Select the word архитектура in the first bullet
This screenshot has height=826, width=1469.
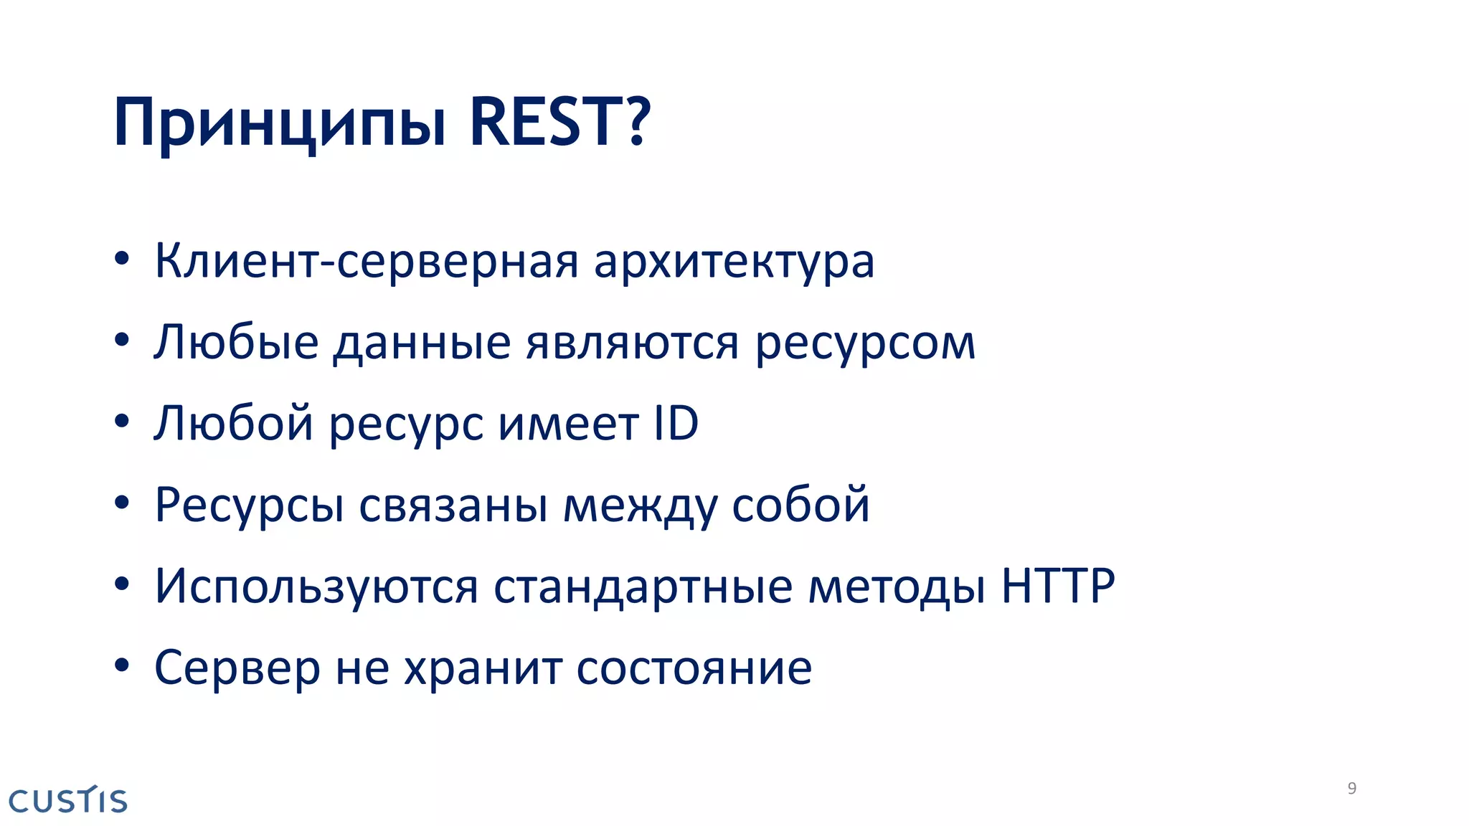click(x=734, y=262)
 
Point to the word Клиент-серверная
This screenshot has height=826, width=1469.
click(x=366, y=262)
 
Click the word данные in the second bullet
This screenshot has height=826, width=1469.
click(x=422, y=343)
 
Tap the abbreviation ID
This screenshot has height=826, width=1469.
click(x=676, y=423)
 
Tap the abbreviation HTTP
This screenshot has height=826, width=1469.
click(x=1058, y=586)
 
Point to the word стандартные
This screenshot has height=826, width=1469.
click(x=643, y=587)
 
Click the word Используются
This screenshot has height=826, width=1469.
click(x=316, y=587)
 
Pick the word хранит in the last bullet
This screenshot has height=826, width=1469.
click(x=483, y=669)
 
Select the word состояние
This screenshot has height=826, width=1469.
click(x=694, y=669)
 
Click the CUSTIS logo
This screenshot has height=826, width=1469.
click(x=68, y=800)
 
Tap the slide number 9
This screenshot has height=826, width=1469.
click(x=1351, y=789)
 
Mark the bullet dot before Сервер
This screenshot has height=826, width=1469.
click(x=122, y=665)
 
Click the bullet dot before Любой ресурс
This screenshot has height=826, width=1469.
click(x=122, y=422)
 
